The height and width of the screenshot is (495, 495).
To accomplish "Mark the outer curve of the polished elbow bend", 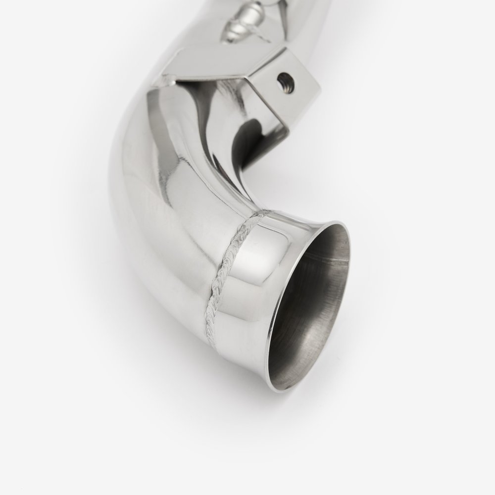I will pos(129,198).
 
